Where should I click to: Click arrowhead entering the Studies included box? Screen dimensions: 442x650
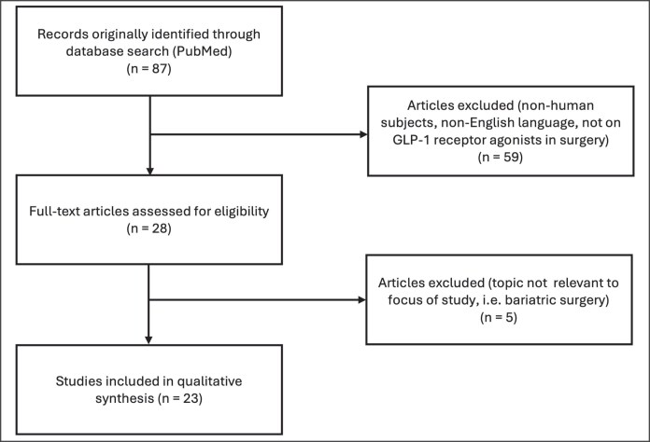click(x=150, y=340)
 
